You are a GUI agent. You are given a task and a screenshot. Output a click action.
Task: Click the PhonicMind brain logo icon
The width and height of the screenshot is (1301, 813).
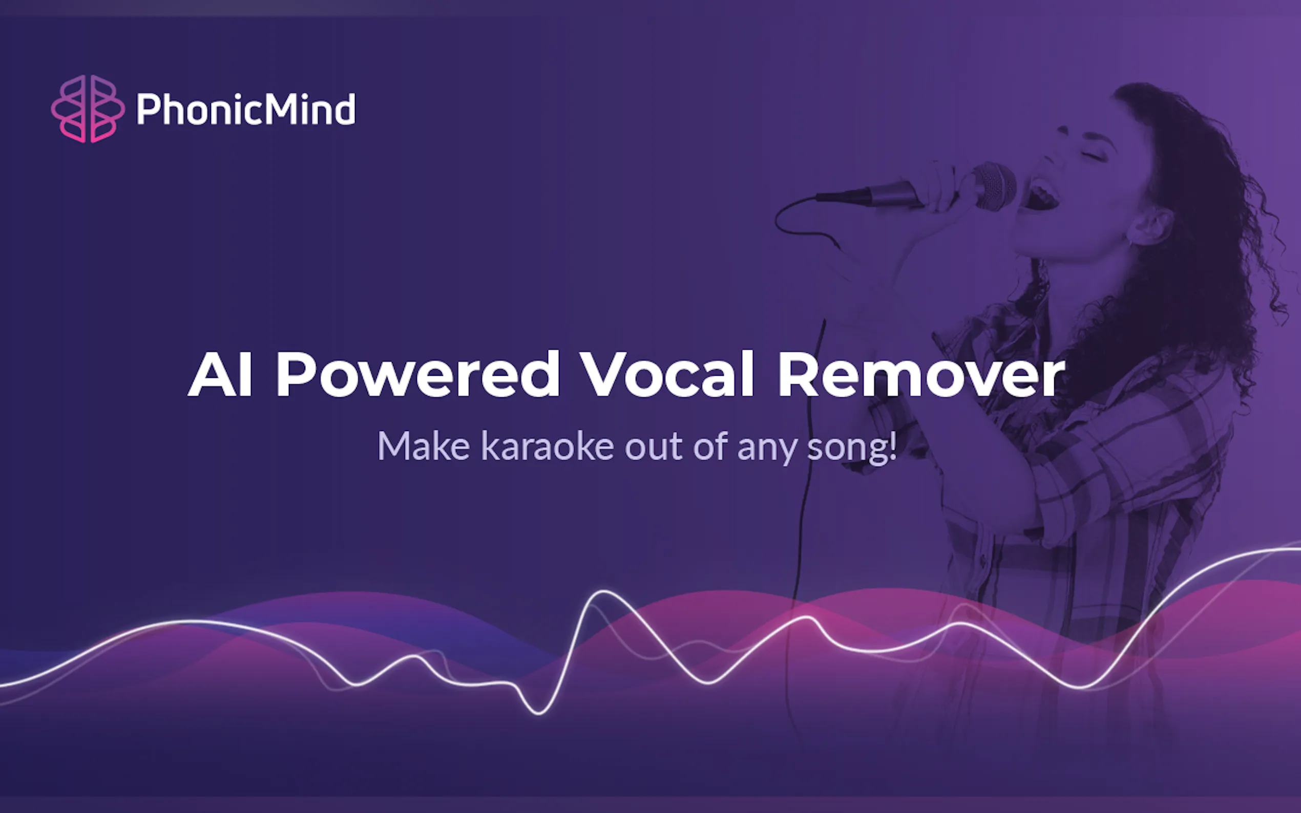(x=88, y=109)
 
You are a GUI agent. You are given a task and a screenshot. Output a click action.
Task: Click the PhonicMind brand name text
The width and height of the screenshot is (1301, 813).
(x=246, y=109)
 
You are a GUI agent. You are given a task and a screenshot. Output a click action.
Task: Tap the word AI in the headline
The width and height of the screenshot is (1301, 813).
(x=221, y=374)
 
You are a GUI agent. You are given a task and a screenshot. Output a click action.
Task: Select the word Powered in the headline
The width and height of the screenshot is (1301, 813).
(x=418, y=374)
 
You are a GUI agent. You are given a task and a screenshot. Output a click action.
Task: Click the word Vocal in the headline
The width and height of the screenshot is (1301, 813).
(x=668, y=374)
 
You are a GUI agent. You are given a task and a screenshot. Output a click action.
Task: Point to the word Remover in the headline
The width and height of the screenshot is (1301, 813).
(x=921, y=374)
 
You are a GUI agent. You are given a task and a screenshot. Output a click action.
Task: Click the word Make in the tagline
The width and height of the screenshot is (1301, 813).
(x=424, y=446)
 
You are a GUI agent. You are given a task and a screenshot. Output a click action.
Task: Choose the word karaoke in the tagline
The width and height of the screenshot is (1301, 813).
(x=548, y=446)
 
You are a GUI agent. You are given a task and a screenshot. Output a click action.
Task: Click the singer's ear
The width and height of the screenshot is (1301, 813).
(x=1148, y=226)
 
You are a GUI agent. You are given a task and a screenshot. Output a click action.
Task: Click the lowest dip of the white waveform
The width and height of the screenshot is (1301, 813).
(x=538, y=713)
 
